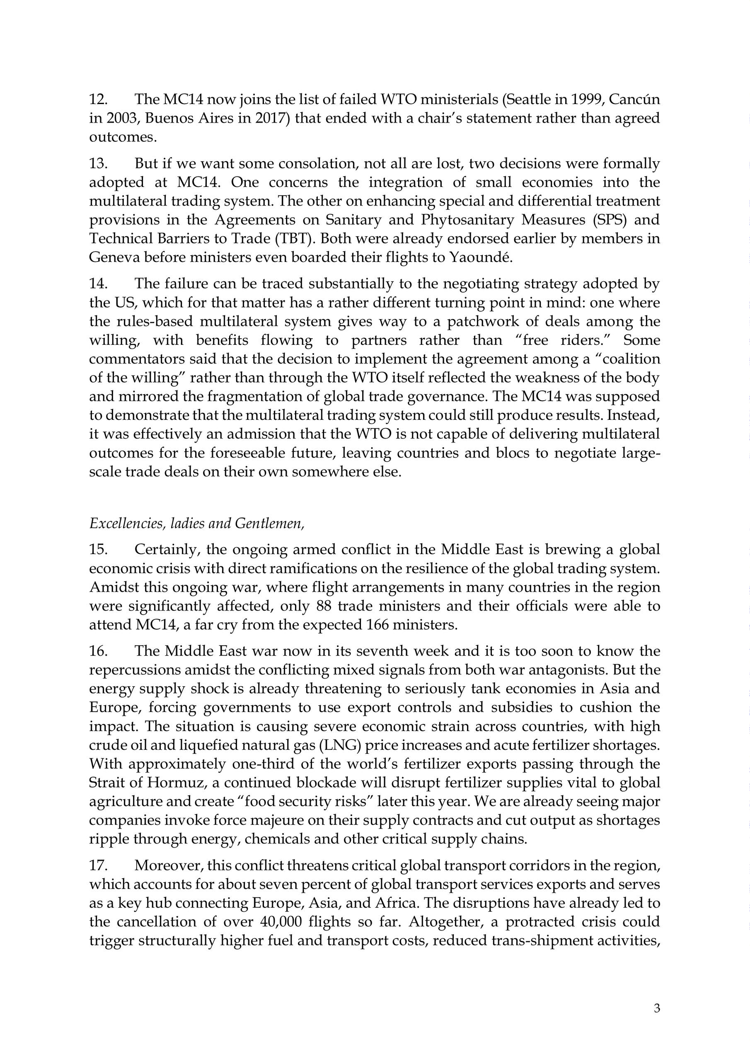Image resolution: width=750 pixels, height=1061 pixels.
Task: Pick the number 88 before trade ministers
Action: pos(325,606)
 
